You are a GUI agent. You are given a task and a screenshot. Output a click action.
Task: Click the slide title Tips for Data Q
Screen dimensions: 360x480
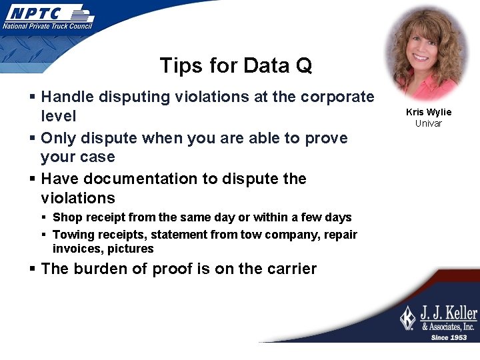[x=235, y=66]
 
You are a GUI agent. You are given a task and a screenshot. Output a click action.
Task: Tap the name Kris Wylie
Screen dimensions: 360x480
[x=428, y=112]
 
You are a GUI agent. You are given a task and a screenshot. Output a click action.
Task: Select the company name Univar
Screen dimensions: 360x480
[x=428, y=123]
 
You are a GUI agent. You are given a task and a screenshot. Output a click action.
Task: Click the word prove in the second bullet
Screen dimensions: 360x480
[x=327, y=139]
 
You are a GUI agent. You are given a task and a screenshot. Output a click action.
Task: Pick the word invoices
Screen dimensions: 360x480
[x=75, y=249]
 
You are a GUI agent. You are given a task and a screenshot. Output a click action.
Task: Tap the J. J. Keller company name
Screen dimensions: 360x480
[x=447, y=313]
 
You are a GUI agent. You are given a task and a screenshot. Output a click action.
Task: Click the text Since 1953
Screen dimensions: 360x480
[x=448, y=337]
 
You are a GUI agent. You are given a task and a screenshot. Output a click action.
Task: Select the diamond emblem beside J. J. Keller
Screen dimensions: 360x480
[x=407, y=318]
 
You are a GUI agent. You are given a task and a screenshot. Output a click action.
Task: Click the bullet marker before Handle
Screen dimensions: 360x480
[x=33, y=97]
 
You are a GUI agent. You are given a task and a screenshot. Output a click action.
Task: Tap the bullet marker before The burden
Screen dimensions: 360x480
[x=33, y=269]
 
